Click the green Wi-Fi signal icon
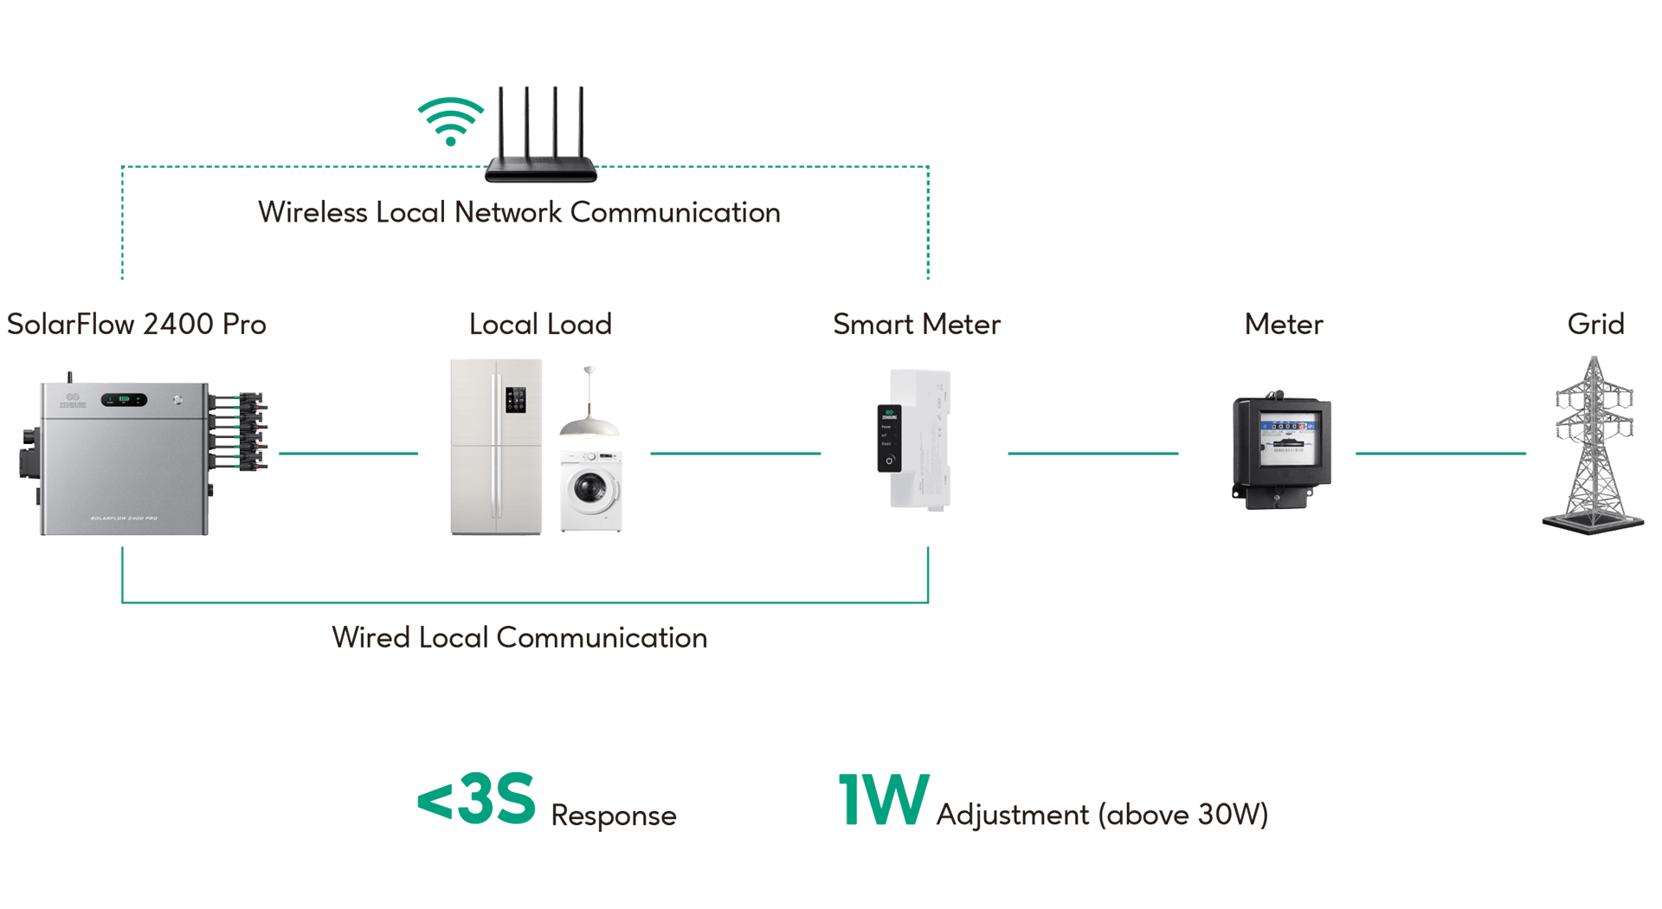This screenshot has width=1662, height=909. coord(450,121)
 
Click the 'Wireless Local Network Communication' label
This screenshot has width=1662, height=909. coord(519,212)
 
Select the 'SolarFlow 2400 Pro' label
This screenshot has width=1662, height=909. coord(137,324)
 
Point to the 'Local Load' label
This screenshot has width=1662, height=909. coord(540,324)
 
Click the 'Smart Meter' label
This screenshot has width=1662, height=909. coord(917,324)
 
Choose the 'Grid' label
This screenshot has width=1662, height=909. coord(1595,324)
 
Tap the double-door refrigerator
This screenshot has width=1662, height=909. coord(496,447)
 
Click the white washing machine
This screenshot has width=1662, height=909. coord(591,491)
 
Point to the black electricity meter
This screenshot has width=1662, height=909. coord(1282,450)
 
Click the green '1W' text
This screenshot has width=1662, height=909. coord(883,800)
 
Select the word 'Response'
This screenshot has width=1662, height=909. coord(613,815)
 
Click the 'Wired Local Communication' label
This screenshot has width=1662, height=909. coord(519,637)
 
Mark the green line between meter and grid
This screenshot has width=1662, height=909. coord(1440,453)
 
